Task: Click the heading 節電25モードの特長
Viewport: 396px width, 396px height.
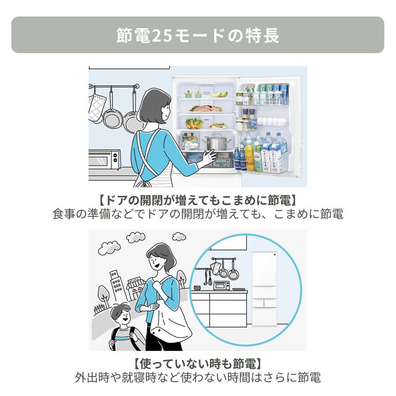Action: pyautogui.click(x=198, y=35)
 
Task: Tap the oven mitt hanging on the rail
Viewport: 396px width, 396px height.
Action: pyautogui.click(x=96, y=108)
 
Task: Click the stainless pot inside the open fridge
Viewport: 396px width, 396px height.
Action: pyautogui.click(x=217, y=142)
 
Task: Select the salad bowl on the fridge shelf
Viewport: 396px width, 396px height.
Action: pyautogui.click(x=194, y=124)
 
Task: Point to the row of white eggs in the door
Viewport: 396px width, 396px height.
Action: pyautogui.click(x=272, y=121)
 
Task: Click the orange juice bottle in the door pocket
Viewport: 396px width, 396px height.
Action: pyautogui.click(x=249, y=157)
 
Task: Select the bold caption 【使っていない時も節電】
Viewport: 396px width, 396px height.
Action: pyautogui.click(x=198, y=364)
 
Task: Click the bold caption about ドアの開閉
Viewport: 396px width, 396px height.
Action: pyautogui.click(x=198, y=200)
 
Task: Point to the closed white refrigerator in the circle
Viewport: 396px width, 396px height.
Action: pyautogui.click(x=264, y=289)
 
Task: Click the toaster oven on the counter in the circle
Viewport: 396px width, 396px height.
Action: pyautogui.click(x=222, y=285)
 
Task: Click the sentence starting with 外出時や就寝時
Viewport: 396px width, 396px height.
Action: pyautogui.click(x=198, y=377)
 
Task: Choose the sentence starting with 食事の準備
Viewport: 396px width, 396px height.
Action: pyautogui.click(x=198, y=214)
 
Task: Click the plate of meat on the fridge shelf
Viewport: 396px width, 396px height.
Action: pyautogui.click(x=206, y=109)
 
